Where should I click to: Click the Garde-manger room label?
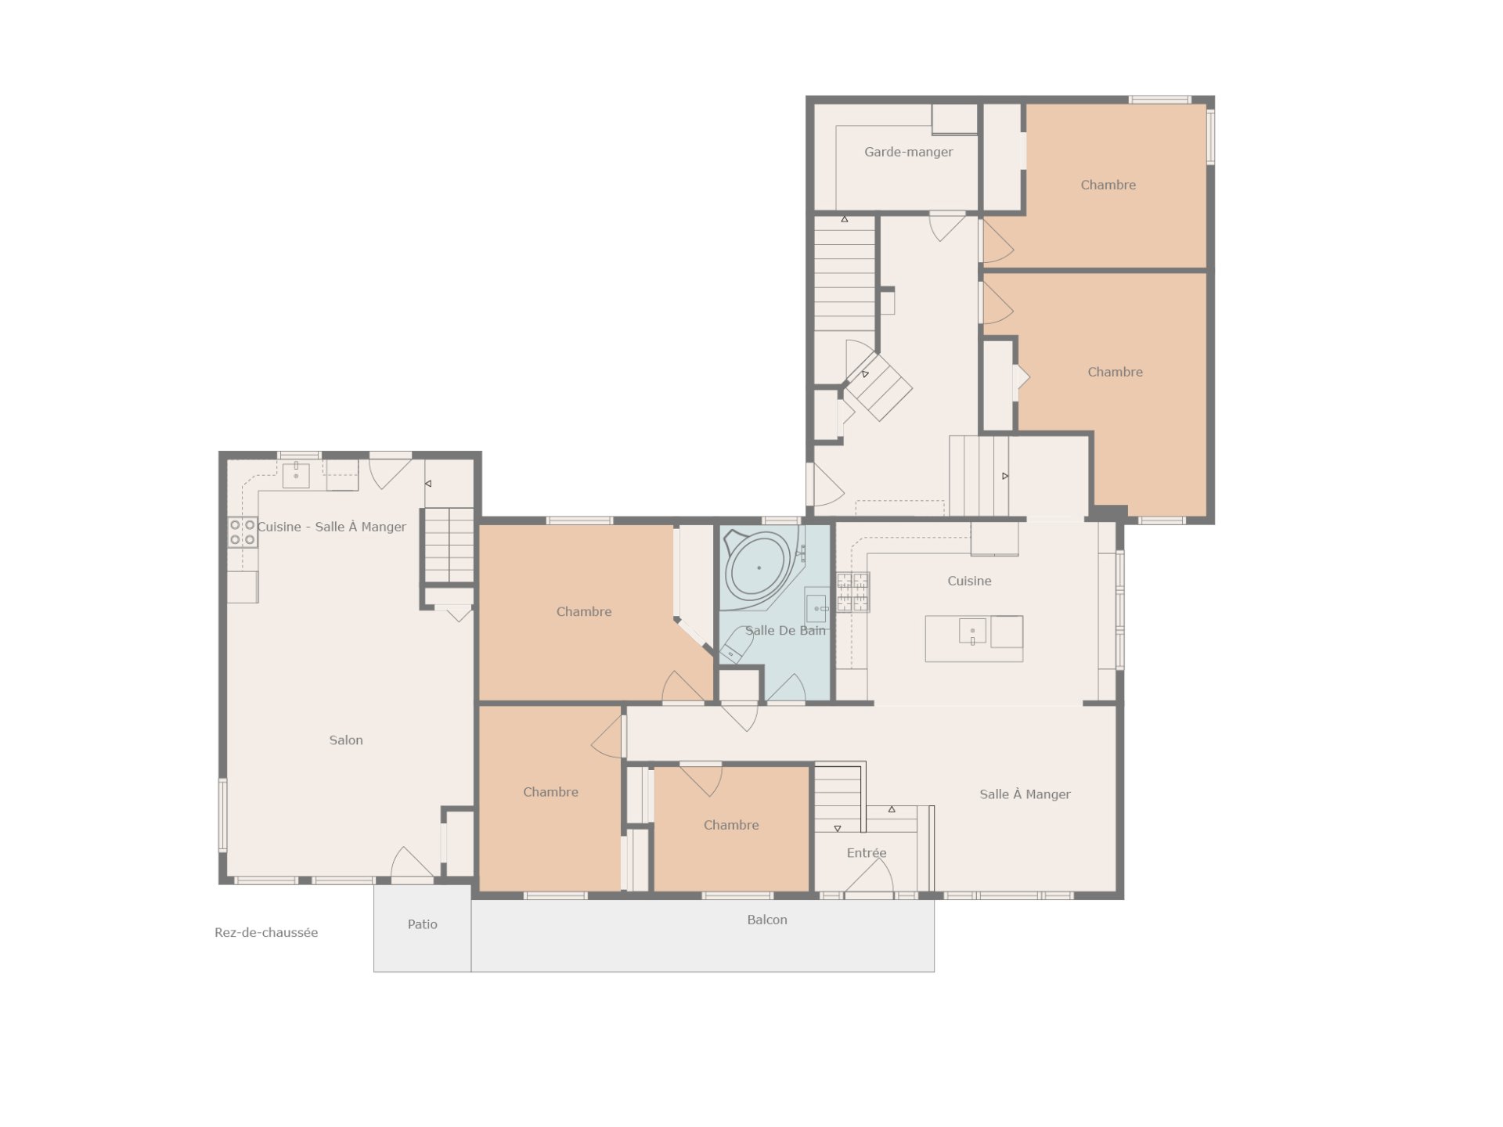click(x=908, y=152)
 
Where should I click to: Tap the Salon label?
click(x=346, y=740)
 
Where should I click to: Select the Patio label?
click(x=422, y=924)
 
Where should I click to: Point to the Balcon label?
click(x=767, y=920)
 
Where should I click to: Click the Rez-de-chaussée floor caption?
click(x=266, y=933)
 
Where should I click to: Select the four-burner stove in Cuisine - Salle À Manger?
click(x=243, y=532)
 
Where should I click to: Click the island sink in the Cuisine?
click(x=972, y=631)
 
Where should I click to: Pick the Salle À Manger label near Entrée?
click(x=1025, y=794)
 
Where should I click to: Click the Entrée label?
click(x=867, y=853)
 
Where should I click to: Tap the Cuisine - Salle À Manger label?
click(x=332, y=527)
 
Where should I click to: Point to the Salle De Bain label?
click(x=785, y=631)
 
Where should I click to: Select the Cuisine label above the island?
click(x=969, y=581)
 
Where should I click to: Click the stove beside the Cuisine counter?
click(x=852, y=592)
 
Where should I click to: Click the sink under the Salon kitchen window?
click(x=296, y=475)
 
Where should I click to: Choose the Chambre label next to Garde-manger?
click(x=1108, y=185)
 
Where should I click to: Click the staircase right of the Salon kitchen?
click(x=449, y=545)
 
